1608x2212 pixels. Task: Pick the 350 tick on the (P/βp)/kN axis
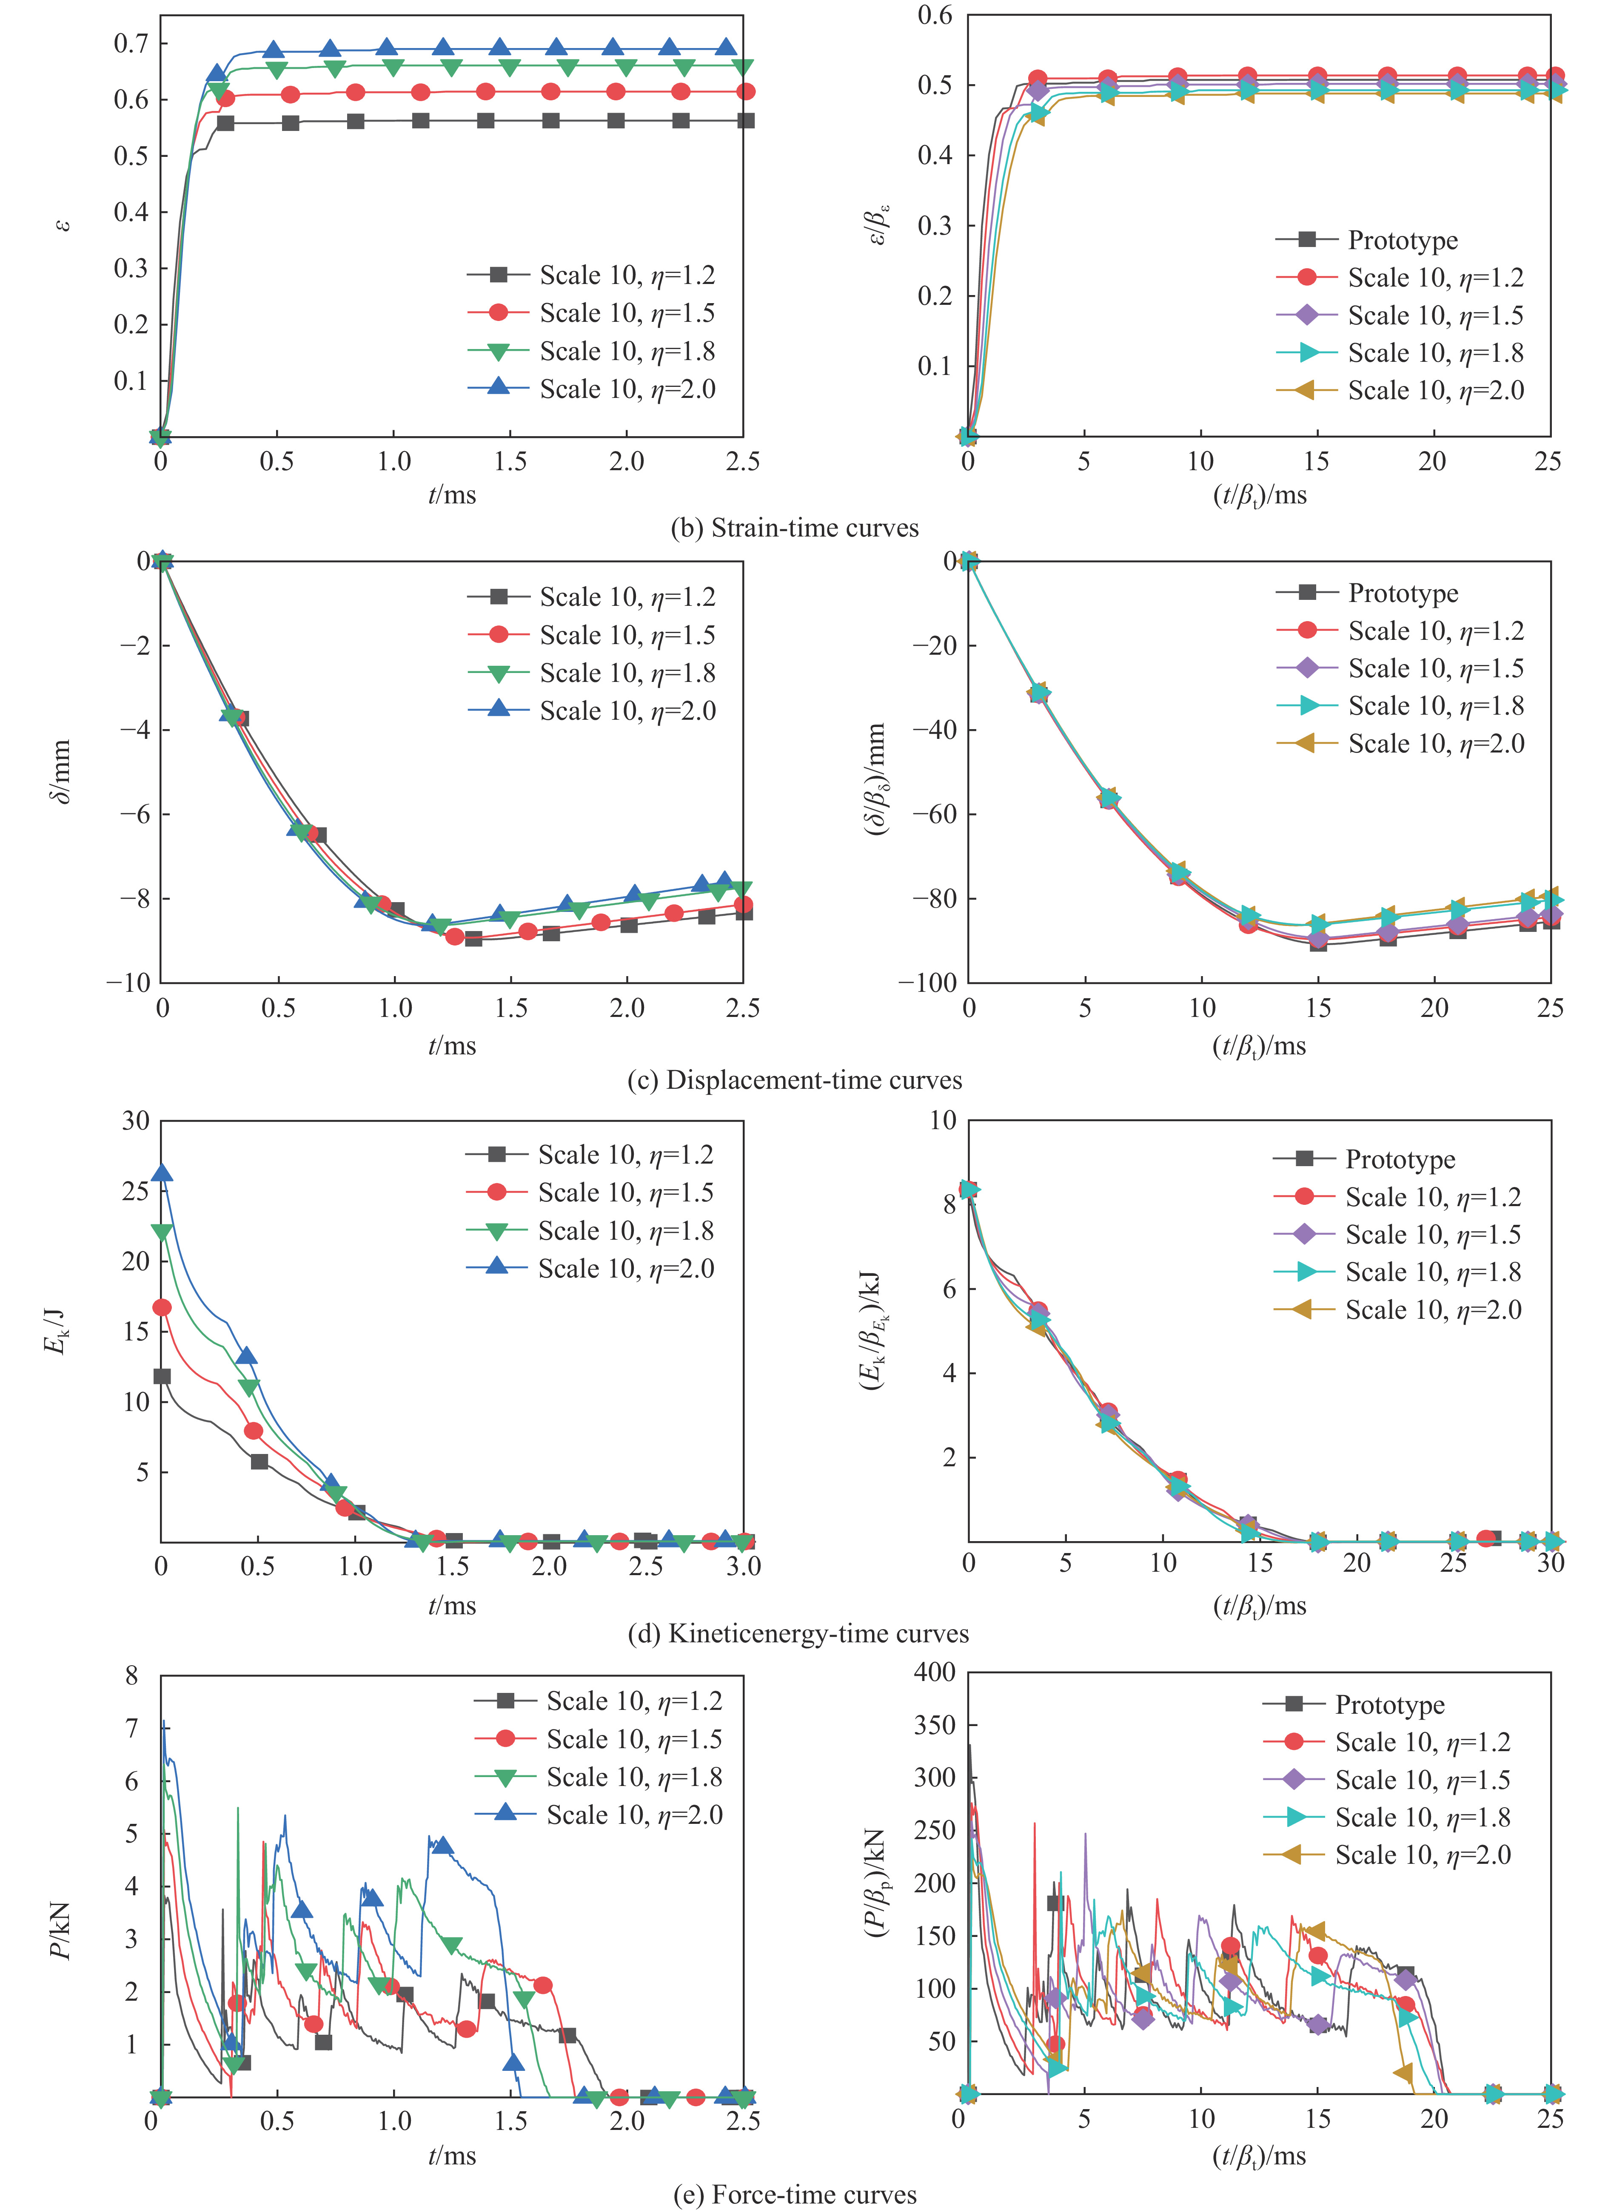934,1725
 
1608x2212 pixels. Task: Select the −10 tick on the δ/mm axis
127,982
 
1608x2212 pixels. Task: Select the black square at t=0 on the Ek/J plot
162,1376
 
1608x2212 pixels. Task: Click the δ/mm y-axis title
60,770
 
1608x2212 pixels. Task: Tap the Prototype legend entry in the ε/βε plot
1402,240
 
